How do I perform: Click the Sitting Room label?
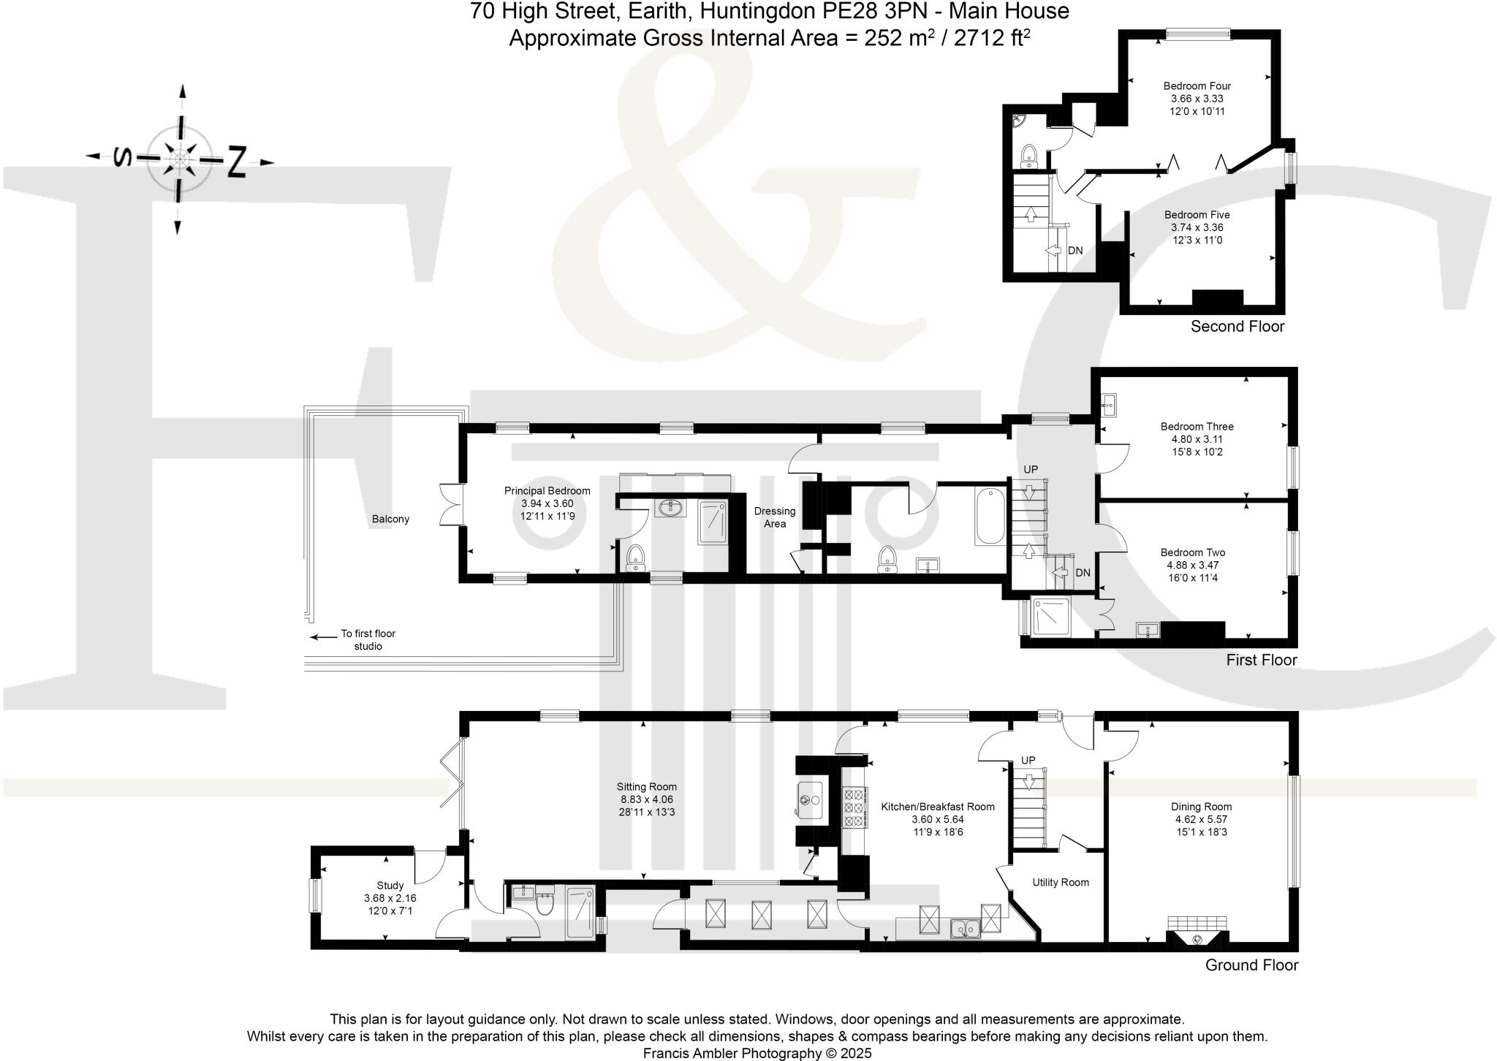click(x=646, y=787)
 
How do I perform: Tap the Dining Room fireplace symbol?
click(x=1197, y=936)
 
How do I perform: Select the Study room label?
click(x=390, y=885)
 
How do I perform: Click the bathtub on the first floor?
click(x=990, y=517)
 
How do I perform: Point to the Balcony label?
click(x=390, y=519)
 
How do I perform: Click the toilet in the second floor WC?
click(x=1029, y=156)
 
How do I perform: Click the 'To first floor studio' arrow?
click(x=322, y=636)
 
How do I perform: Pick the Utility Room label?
click(x=1060, y=882)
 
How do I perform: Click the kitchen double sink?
click(x=966, y=929)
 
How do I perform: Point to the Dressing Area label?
click(x=774, y=517)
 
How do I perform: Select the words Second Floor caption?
click(x=1237, y=326)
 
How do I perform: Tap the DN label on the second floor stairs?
click(x=1075, y=251)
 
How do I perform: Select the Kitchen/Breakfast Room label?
click(x=937, y=807)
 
